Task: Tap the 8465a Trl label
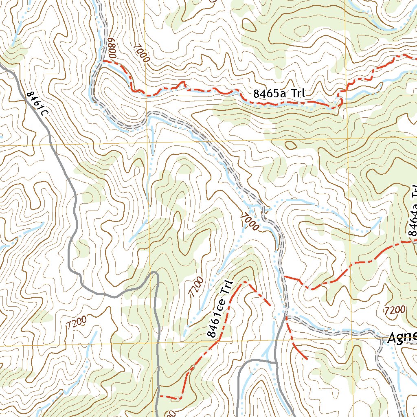pos(279,93)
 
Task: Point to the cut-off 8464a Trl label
pos(413,212)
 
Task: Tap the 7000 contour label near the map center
pos(250,222)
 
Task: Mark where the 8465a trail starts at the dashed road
pos(103,61)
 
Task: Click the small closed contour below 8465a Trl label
pos(290,145)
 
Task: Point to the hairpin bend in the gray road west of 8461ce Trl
pos(154,274)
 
